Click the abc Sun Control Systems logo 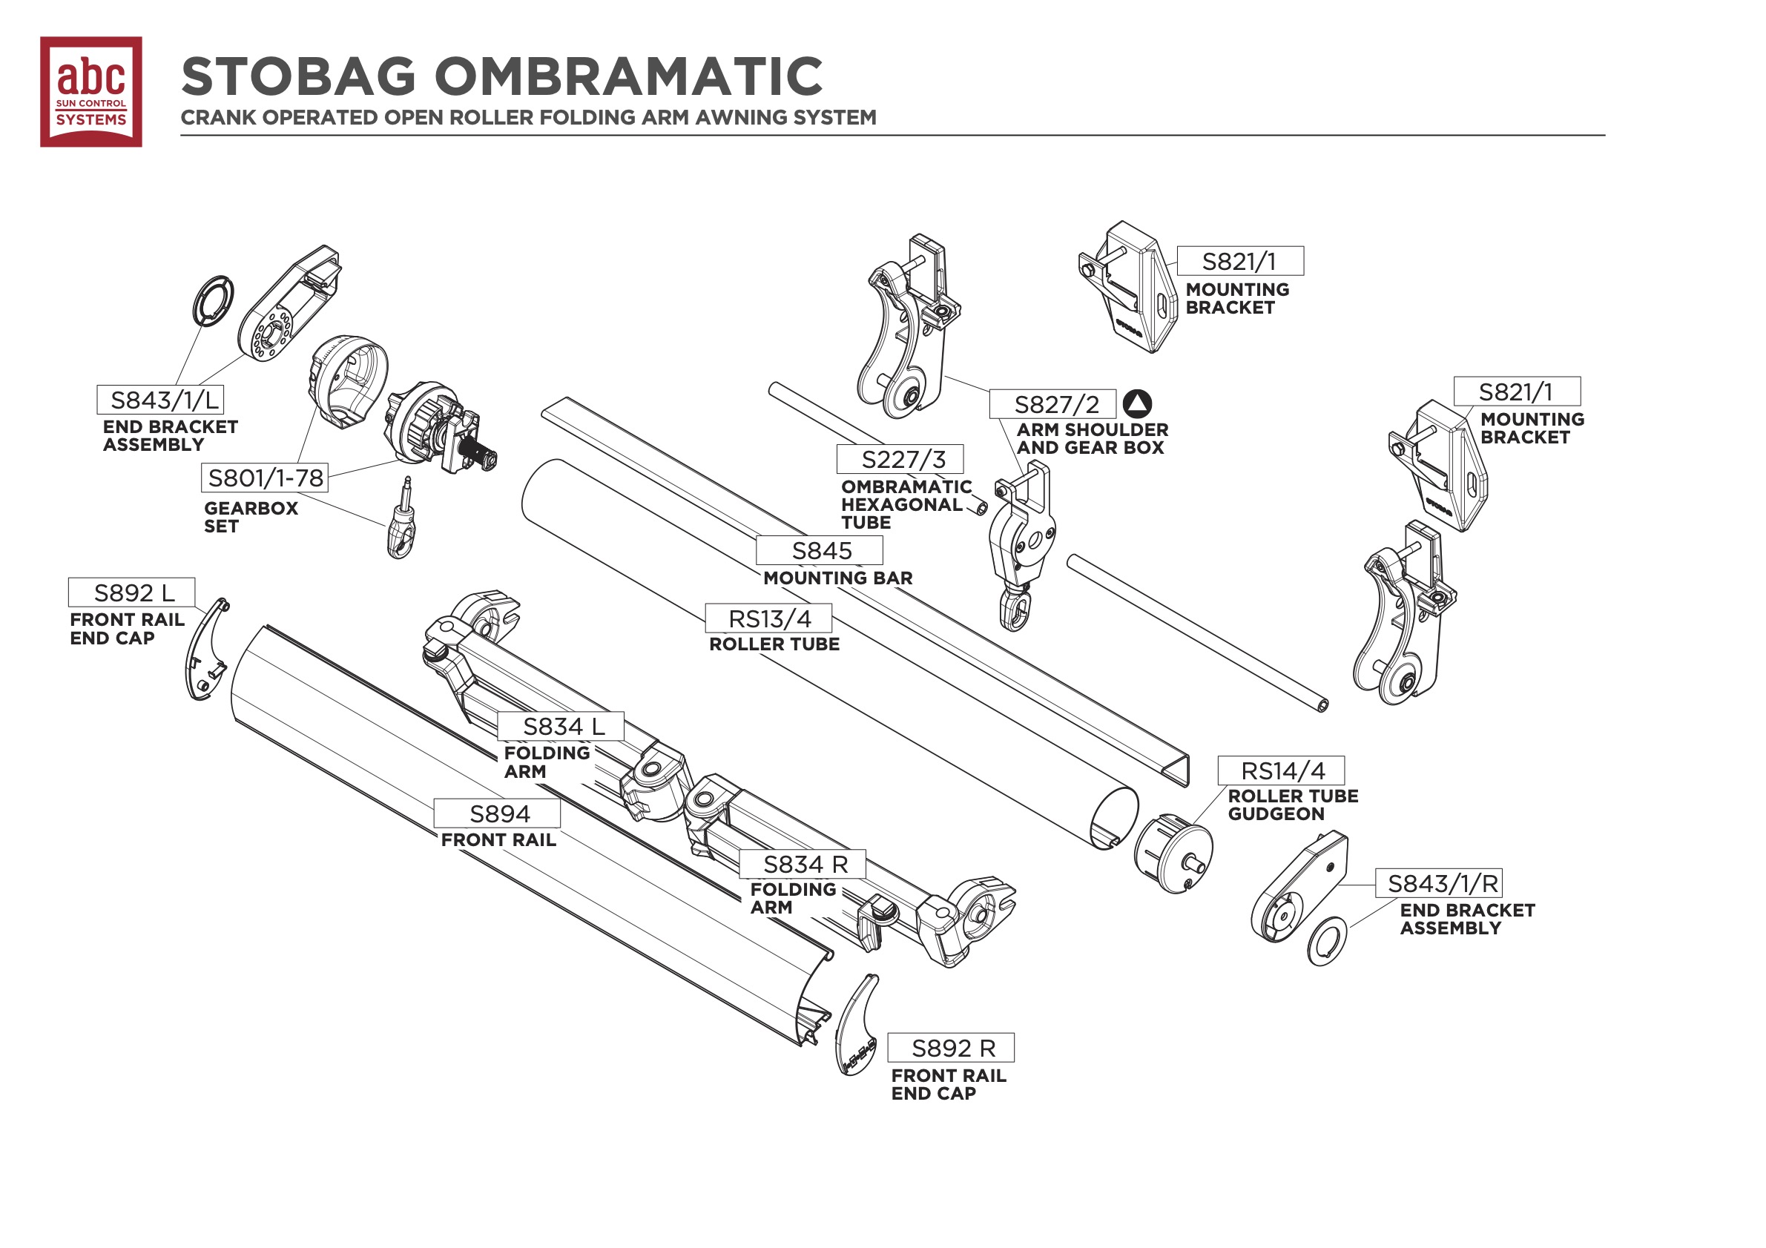90,91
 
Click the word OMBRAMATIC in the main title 628,76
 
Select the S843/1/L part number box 160,400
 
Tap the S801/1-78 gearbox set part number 266,478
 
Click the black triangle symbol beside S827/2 1137,403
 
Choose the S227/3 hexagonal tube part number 900,460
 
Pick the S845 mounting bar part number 819,550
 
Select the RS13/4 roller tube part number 768,618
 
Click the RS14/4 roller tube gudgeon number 1282,770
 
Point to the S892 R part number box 951,1048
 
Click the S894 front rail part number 497,813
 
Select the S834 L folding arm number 561,727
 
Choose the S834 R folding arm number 803,865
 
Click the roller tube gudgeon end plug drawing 1173,854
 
